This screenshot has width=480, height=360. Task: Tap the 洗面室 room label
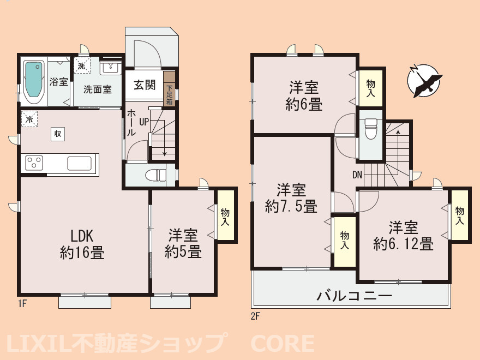[x=97, y=89]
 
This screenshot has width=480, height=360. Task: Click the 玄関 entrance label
[x=145, y=85]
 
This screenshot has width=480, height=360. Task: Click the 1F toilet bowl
[x=155, y=176]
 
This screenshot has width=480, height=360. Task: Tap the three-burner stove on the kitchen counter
[x=34, y=163]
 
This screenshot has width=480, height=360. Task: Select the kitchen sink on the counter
[x=79, y=163]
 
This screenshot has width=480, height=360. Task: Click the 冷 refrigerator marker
[x=29, y=119]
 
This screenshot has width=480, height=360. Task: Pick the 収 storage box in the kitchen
[x=58, y=134]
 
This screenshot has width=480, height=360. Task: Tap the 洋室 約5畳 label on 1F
[x=183, y=244]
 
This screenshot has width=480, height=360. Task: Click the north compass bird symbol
[x=424, y=81]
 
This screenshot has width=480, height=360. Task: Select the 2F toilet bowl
[x=371, y=129]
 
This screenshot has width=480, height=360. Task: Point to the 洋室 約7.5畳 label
[x=291, y=198]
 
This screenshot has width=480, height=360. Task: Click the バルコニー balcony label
[x=354, y=296]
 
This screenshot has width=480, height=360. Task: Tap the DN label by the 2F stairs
[x=357, y=175]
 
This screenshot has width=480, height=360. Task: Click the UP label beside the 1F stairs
[x=144, y=122]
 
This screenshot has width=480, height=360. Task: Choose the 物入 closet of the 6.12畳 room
[x=459, y=215]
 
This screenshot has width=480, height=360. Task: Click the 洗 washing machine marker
[x=82, y=65]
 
